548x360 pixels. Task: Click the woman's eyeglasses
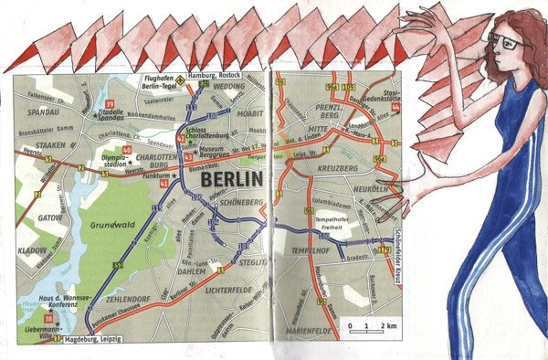point(500,41)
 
